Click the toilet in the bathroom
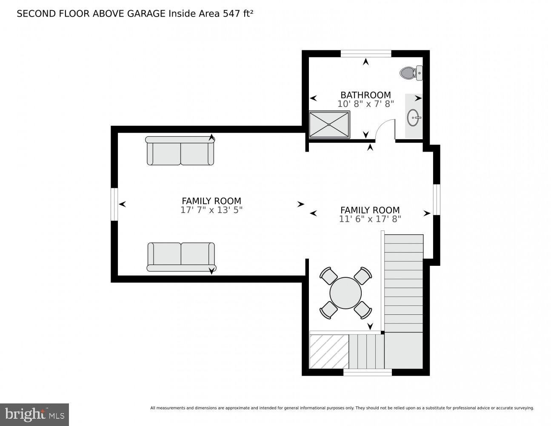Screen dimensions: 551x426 tap(411, 73)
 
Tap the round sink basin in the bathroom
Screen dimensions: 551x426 tap(414, 118)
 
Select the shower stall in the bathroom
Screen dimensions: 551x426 tap(329, 125)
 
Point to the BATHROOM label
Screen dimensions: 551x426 tap(365, 95)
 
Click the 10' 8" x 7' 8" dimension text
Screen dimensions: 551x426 tap(365, 104)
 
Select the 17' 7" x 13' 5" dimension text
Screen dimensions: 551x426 tap(211, 210)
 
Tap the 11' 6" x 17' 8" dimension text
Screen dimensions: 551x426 tap(370, 219)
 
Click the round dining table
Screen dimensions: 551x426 tap(345, 293)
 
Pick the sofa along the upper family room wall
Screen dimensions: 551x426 tap(180, 151)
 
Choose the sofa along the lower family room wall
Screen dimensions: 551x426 tap(181, 257)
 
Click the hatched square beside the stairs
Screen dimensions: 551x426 tap(329, 351)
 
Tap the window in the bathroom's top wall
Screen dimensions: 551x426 tap(365, 54)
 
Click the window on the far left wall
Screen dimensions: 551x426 tap(114, 204)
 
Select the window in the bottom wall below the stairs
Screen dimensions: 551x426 tap(368, 372)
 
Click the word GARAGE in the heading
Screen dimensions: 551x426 tap(146, 14)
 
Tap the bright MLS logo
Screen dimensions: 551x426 tap(34, 414)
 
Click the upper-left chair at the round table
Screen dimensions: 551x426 tap(328, 276)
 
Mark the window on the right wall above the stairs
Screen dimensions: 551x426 tap(437, 199)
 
